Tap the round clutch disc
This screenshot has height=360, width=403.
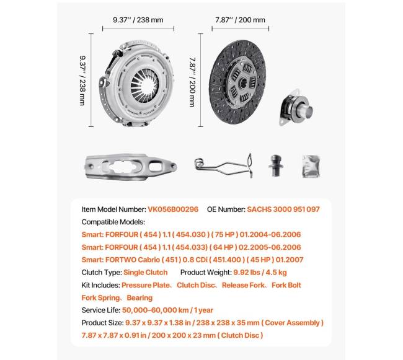point(239,80)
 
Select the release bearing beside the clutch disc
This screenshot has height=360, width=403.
point(297,108)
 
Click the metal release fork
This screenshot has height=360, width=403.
point(131,166)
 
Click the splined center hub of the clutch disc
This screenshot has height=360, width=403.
point(239,81)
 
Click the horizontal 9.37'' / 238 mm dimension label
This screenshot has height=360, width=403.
point(138,20)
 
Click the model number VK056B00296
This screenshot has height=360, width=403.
point(173,209)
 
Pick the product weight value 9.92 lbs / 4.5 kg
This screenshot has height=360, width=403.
point(260,273)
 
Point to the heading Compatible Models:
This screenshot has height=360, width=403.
point(113,222)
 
